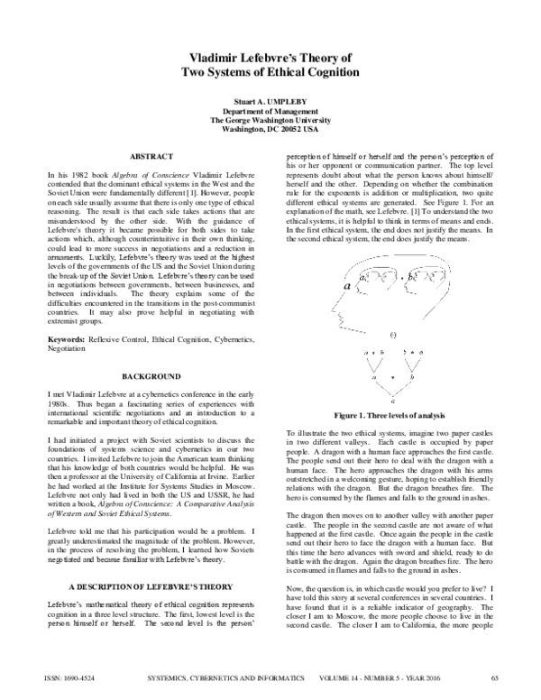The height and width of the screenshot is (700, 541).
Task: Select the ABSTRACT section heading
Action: pyautogui.click(x=148, y=156)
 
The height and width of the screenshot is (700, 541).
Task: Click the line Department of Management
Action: pyautogui.click(x=270, y=110)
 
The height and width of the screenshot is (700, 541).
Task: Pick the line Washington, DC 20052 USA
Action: pyautogui.click(x=270, y=129)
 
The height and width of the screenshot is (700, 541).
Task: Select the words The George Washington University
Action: pyautogui.click(x=270, y=119)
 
